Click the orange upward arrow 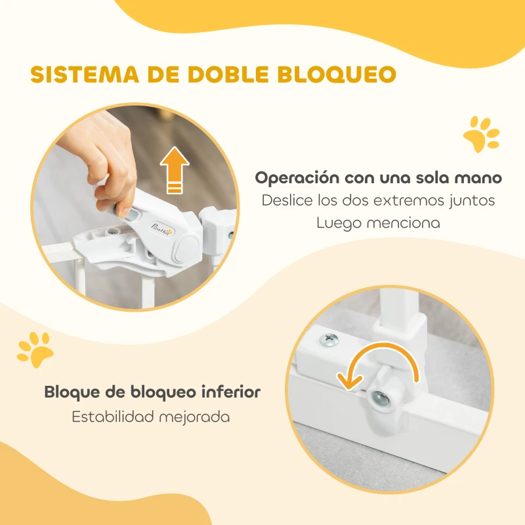[173, 171]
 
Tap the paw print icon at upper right [481, 135]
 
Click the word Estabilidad [114, 417]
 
